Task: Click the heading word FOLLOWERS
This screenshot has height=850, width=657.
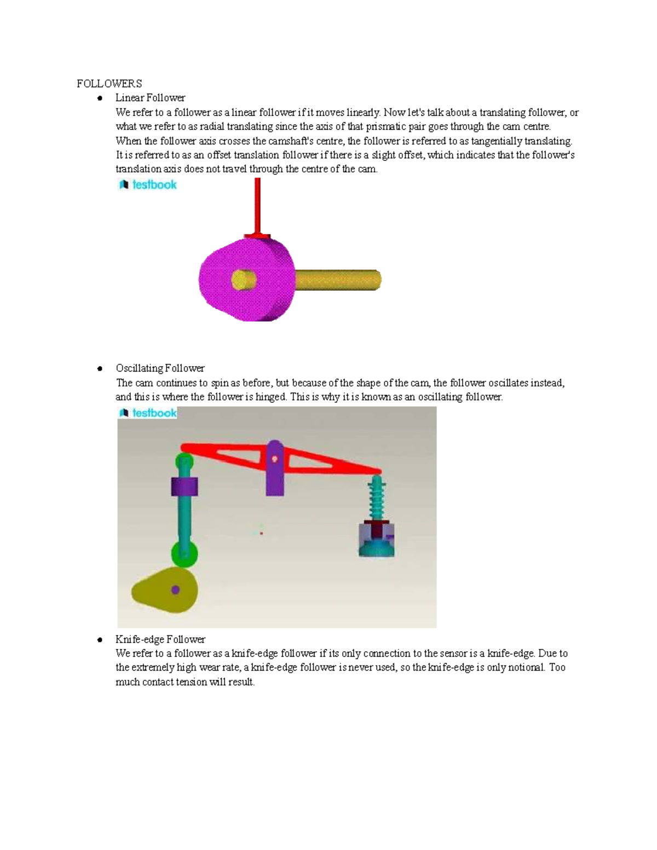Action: click(x=109, y=84)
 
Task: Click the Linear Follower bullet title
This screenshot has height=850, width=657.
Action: click(x=150, y=98)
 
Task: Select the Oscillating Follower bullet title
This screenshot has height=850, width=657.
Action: click(x=160, y=368)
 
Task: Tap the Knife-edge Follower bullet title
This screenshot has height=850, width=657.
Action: click(x=160, y=639)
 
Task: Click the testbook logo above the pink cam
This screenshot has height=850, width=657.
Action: click(x=148, y=185)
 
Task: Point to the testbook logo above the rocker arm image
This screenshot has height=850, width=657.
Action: click(x=148, y=413)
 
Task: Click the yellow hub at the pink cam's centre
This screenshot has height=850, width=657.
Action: click(x=243, y=280)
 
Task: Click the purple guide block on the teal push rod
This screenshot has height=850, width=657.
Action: click(x=185, y=487)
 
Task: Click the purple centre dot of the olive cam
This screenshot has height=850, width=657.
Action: click(x=175, y=589)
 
